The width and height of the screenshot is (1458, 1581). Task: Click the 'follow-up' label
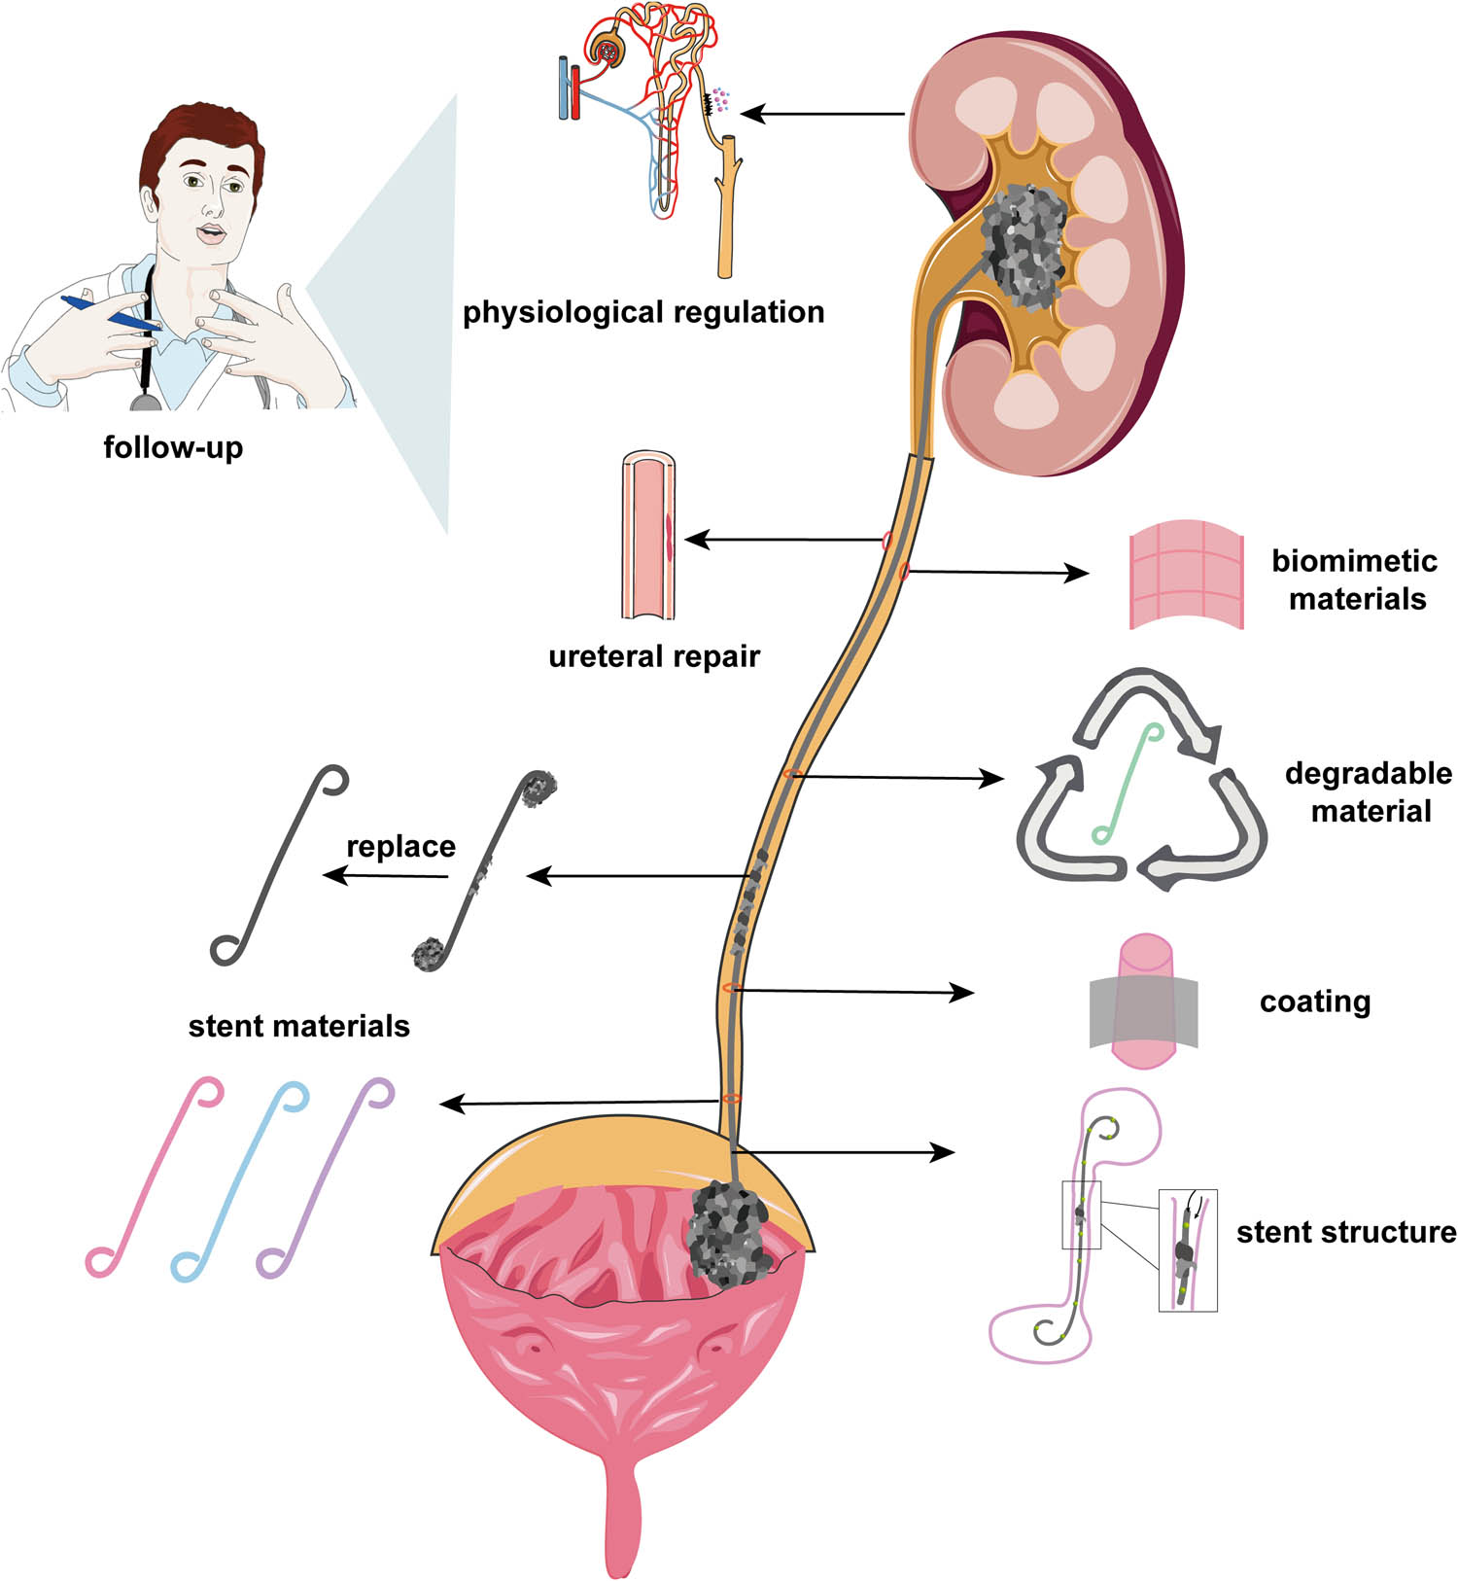[x=173, y=447]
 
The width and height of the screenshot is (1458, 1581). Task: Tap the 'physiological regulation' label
[x=643, y=312]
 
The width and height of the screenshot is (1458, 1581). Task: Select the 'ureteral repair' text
[x=653, y=656]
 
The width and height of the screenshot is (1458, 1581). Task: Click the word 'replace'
[x=400, y=846]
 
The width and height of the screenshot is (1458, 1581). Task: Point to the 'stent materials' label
[x=298, y=1026]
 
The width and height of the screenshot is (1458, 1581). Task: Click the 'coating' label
[x=1314, y=1001]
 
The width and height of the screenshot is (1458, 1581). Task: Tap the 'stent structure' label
[x=1345, y=1232]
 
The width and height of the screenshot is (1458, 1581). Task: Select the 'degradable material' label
[x=1369, y=792]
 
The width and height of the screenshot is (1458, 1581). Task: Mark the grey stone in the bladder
[x=727, y=1233]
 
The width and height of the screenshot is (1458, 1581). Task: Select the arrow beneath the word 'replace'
[x=385, y=876]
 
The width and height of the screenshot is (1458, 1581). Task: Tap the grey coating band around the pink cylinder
[x=1143, y=1011]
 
